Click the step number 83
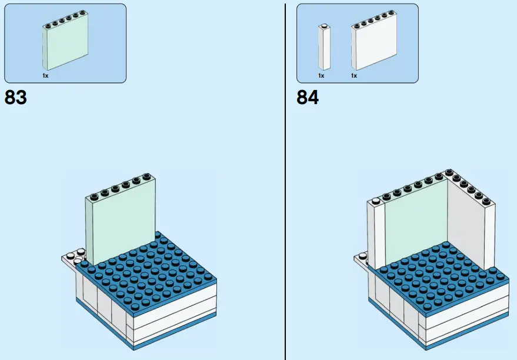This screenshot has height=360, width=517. [16, 97]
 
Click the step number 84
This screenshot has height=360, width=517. [308, 97]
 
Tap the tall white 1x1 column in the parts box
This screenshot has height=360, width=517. [323, 48]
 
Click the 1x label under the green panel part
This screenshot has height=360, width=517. [45, 76]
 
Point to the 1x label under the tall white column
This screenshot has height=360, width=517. [321, 76]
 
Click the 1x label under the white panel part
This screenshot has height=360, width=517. [354, 76]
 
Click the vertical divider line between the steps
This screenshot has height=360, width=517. [285, 176]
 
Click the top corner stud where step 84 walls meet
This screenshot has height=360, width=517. [450, 172]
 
